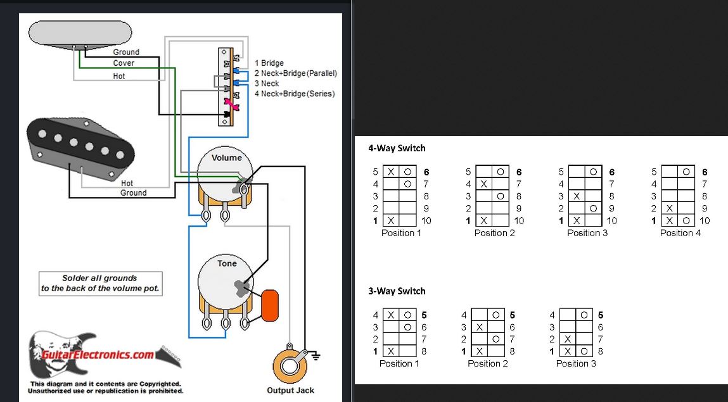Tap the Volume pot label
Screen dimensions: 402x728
pos(226,158)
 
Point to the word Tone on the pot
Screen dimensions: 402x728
pos(227,263)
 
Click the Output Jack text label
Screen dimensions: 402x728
pos(290,391)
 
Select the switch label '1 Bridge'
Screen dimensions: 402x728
pos(269,63)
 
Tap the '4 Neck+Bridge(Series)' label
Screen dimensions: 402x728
pos(295,94)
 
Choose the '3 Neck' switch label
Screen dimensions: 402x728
pos(267,84)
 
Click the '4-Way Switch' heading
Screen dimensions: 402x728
pos(397,148)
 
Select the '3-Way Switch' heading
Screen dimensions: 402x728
pos(397,291)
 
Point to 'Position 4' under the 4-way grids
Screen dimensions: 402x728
pos(680,233)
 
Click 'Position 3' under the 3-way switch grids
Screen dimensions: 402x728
pos(576,363)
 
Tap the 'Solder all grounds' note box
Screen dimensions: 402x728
pos(100,283)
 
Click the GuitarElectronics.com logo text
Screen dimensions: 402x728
pos(98,355)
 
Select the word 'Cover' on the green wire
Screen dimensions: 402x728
pos(124,63)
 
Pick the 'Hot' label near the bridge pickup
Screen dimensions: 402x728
pos(127,184)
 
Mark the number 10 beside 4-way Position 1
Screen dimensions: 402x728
pos(426,221)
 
